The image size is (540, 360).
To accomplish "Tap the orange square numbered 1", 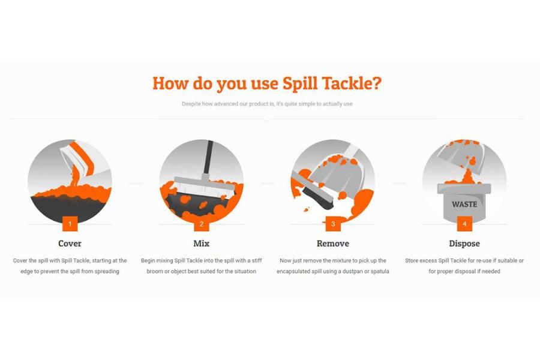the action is [x=70, y=224].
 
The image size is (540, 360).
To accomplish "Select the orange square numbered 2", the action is [x=202, y=224].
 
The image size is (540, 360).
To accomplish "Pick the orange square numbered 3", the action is [x=333, y=224].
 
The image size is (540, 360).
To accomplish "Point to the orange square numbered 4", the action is [x=464, y=224].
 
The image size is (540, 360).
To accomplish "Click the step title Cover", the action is [x=70, y=244].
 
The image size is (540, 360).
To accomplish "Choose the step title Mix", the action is [x=202, y=244].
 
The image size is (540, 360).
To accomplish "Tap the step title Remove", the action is [x=333, y=244].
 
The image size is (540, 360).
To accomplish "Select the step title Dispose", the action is [x=464, y=244].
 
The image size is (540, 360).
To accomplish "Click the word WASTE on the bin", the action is [x=464, y=204].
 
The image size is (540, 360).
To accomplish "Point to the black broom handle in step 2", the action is [x=208, y=157].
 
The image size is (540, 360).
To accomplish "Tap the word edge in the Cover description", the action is [x=26, y=272].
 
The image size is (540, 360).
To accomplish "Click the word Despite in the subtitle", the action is [x=191, y=104].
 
